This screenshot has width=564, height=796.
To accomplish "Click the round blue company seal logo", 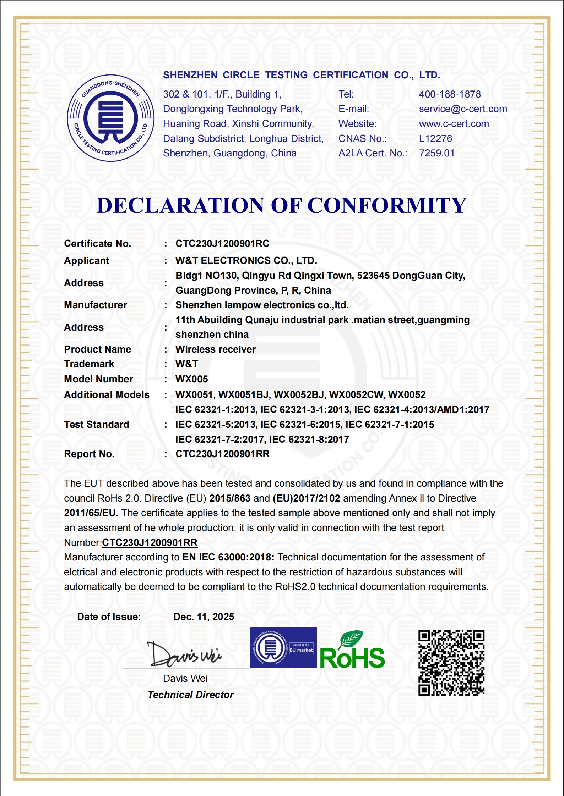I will point(110,118).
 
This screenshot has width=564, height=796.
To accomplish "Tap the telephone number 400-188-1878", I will point(450,94).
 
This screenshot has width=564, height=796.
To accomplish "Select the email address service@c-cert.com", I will point(463,109).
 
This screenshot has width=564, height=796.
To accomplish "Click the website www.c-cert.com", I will point(454,124).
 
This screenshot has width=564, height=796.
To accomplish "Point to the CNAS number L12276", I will point(435,138).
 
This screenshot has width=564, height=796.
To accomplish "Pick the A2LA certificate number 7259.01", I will point(436,153).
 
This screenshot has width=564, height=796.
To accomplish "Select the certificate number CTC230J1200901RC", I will point(222,244).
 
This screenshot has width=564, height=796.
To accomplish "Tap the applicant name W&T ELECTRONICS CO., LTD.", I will point(246,261).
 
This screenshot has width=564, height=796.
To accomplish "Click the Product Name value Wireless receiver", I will point(215,349).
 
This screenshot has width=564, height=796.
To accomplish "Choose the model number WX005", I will point(191,379).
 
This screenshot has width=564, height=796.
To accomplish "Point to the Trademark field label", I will point(89,364).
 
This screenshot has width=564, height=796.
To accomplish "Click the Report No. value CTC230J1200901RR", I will point(222,454).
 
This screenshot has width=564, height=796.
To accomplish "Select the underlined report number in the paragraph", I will point(150,543).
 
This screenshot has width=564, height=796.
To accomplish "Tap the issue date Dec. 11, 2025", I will point(204,617).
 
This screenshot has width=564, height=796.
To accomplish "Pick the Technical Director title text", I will point(190,695).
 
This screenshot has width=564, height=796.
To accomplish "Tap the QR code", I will point(451,663).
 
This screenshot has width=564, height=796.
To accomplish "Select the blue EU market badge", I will point(283,648).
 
